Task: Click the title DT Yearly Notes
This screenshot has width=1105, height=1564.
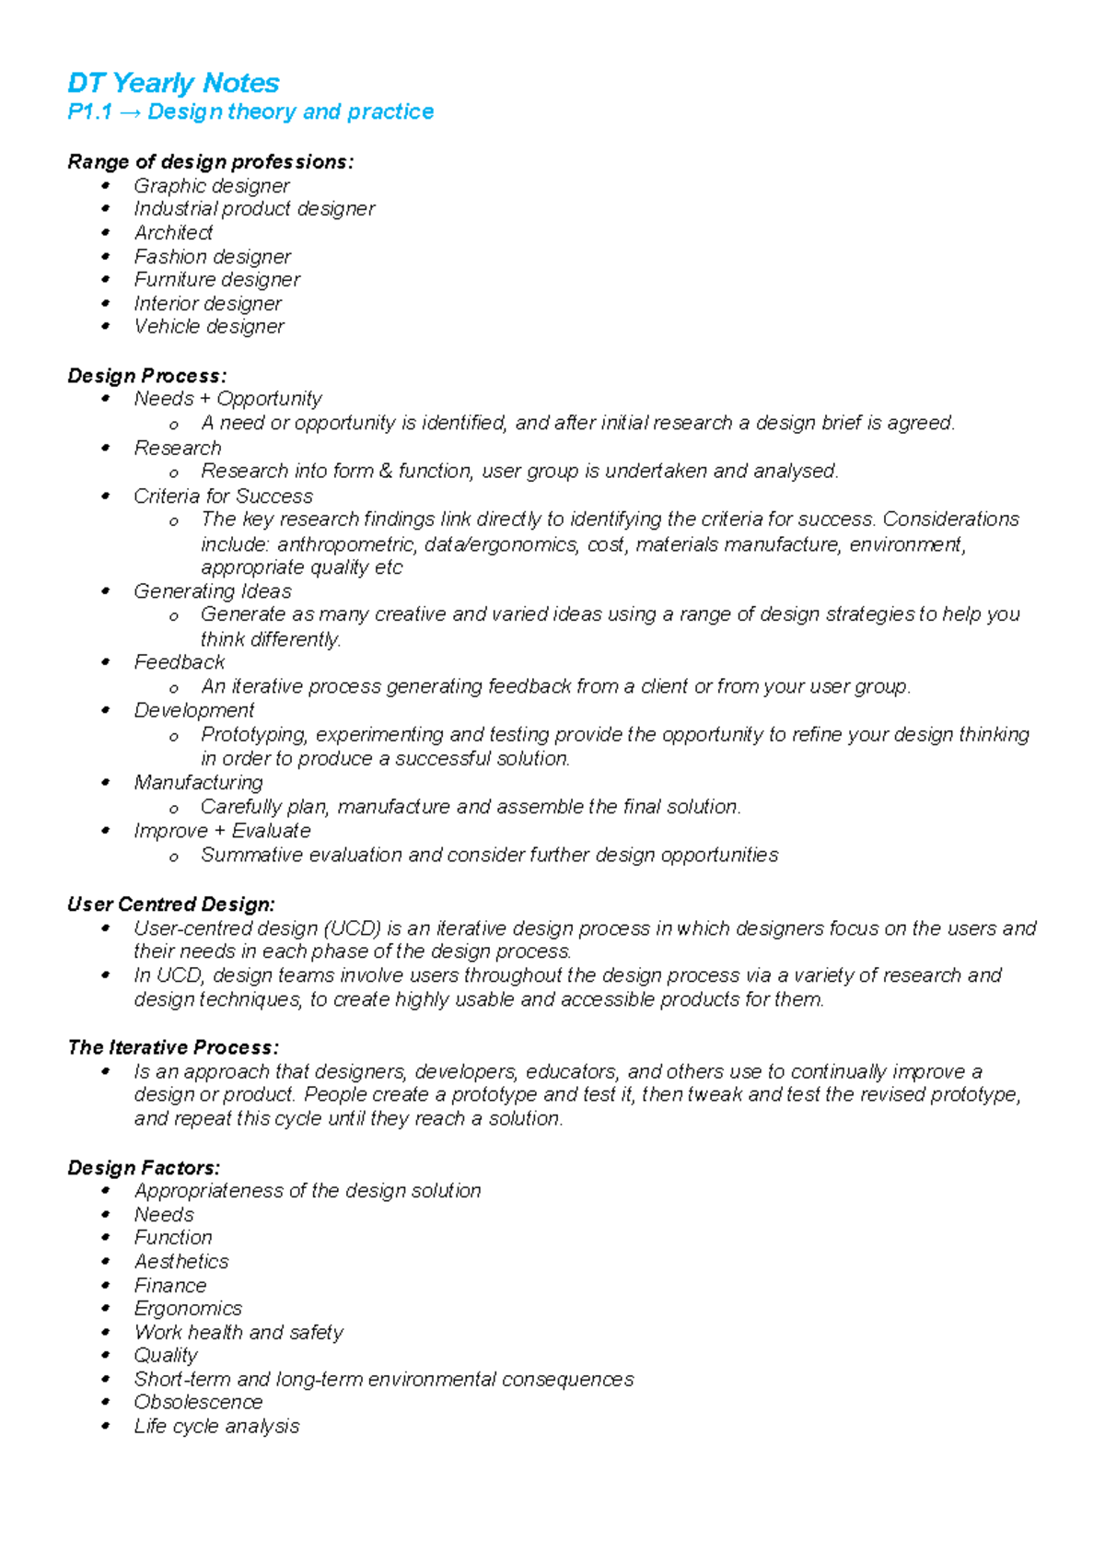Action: pyautogui.click(x=173, y=83)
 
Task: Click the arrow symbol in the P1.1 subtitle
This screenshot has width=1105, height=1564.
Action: pyautogui.click(x=130, y=112)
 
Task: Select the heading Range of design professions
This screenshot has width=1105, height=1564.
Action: pyautogui.click(x=210, y=162)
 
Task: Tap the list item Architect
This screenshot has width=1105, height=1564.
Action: pyautogui.click(x=173, y=233)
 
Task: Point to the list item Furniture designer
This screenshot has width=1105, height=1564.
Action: pyautogui.click(x=216, y=280)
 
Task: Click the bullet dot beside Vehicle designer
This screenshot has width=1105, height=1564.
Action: pyautogui.click(x=106, y=326)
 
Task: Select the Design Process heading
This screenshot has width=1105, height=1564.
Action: pyautogui.click(x=146, y=376)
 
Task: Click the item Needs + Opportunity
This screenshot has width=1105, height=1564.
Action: pyautogui.click(x=227, y=399)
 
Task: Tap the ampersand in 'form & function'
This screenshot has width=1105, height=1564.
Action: pyautogui.click(x=385, y=472)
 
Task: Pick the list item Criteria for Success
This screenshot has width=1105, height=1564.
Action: pyautogui.click(x=223, y=496)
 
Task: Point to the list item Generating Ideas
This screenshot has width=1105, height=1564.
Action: pyautogui.click(x=213, y=591)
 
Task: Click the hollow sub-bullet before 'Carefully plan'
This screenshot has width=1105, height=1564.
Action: pyautogui.click(x=173, y=809)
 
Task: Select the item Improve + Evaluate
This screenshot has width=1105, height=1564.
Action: pyautogui.click(x=222, y=831)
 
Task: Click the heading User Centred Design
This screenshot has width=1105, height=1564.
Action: pyautogui.click(x=171, y=905)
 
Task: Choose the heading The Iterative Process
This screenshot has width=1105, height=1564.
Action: pyautogui.click(x=172, y=1047)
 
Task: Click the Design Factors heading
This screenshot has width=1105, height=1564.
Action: pyautogui.click(x=144, y=1168)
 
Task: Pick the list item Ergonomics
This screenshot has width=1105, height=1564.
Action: pyautogui.click(x=188, y=1309)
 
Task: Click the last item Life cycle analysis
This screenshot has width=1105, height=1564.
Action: pyautogui.click(x=216, y=1426)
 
